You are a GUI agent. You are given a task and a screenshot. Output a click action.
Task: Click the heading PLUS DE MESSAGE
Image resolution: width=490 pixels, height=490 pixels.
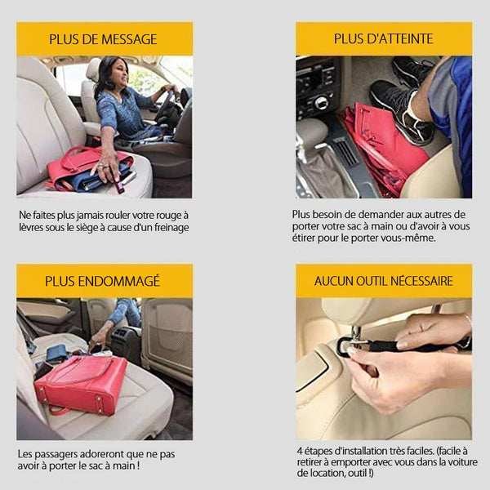tap(103, 39)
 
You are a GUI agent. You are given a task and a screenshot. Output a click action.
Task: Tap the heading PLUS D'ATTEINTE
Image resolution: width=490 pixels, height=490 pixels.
tap(384, 39)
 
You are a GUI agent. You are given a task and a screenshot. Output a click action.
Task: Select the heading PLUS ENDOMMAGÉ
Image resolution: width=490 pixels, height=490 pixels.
tap(103, 281)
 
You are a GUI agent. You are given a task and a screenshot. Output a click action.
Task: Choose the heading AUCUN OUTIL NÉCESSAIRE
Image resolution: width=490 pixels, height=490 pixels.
tap(384, 281)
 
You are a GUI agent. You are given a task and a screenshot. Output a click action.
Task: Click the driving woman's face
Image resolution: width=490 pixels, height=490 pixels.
tap(119, 74)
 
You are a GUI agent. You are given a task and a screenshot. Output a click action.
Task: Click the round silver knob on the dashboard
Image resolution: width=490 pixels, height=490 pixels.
tap(321, 103)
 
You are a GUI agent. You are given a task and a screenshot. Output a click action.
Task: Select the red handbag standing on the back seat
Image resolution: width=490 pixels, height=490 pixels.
tap(81, 385)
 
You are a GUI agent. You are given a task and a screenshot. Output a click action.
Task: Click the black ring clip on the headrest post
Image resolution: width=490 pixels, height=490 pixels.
tap(343, 346)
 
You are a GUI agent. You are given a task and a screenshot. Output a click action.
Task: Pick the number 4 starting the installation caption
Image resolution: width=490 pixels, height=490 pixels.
tap(300, 452)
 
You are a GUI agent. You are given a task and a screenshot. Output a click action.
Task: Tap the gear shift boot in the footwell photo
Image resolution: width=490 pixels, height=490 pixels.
tap(322, 173)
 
